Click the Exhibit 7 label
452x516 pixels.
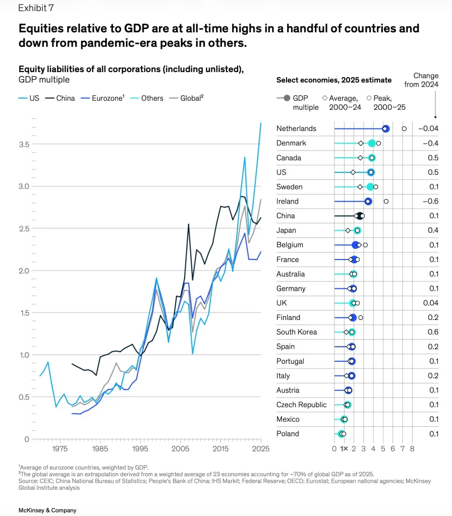pyautogui.click(x=36, y=8)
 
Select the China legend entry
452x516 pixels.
pyautogui.click(x=60, y=98)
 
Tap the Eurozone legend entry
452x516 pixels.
pyautogui.click(x=103, y=98)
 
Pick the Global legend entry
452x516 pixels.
pyautogui.click(x=187, y=98)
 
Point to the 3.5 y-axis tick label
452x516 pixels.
pyautogui.click(x=24, y=145)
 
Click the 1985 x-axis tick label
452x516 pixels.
pyautogui.click(x=100, y=448)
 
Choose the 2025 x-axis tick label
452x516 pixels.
pyautogui.click(x=261, y=448)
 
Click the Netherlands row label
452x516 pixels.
pyautogui.click(x=296, y=128)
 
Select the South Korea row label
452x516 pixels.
pyautogui.click(x=297, y=332)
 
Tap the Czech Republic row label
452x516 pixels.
pyautogui.click(x=302, y=405)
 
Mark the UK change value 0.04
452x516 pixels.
pyautogui.click(x=431, y=303)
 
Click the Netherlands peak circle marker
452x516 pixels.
pyautogui.click(x=404, y=128)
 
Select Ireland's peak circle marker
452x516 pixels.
pyautogui.click(x=386, y=202)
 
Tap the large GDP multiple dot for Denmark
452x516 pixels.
pyautogui.click(x=372, y=143)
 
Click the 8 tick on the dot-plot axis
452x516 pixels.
pyautogui.click(x=412, y=448)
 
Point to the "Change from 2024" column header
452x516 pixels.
pyautogui.click(x=421, y=80)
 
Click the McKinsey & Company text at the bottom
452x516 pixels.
pyautogui.click(x=47, y=510)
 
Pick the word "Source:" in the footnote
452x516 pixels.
pyautogui.click(x=28, y=481)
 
